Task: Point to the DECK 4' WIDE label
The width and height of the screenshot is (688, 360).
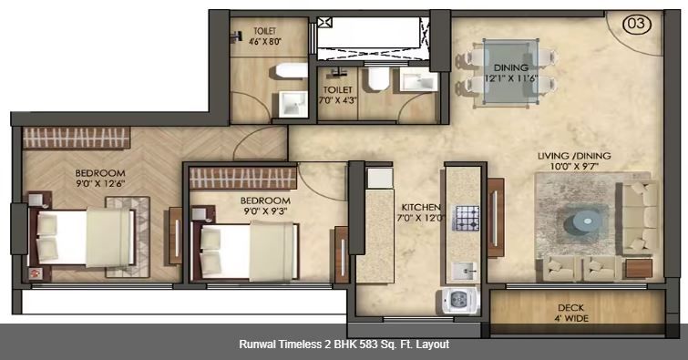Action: click(x=572, y=313)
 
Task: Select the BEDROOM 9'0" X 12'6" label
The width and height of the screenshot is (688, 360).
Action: click(x=101, y=178)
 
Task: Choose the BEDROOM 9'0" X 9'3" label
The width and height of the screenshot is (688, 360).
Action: click(x=265, y=205)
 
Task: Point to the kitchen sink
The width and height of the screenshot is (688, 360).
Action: click(x=466, y=271)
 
